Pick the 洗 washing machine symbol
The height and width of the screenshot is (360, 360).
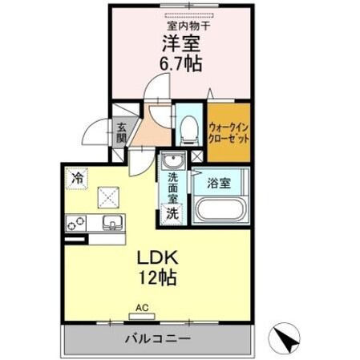click(x=172, y=212)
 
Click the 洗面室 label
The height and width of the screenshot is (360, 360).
click(x=172, y=188)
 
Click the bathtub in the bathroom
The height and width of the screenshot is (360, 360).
click(x=219, y=212)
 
